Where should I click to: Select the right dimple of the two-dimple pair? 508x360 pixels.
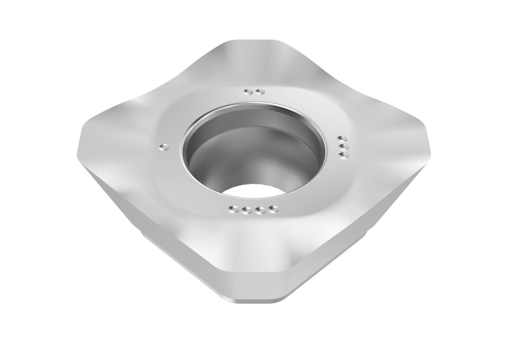pyautogui.click(x=259, y=92)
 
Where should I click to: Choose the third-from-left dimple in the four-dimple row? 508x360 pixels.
pyautogui.click(x=258, y=211)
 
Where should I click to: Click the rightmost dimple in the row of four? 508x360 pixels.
pyautogui.click(x=271, y=209)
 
